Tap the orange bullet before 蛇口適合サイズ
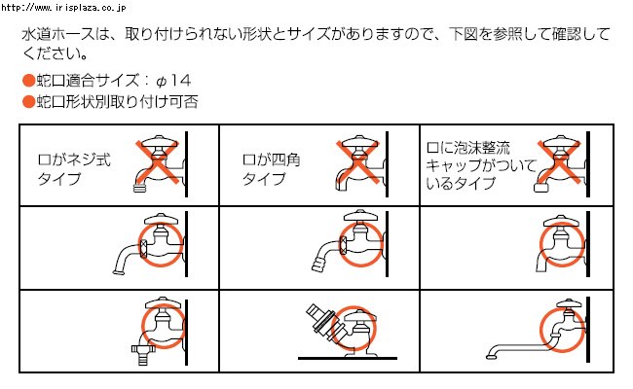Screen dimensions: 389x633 pyautogui.click(x=27, y=80)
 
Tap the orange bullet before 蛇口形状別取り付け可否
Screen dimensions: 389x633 pyautogui.click(x=27, y=100)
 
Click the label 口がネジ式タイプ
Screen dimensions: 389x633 pyautogui.click(x=72, y=168)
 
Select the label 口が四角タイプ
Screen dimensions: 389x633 pyautogui.click(x=272, y=168)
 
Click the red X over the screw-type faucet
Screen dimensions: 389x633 pyautogui.click(x=160, y=161)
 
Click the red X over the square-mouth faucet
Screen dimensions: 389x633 pyautogui.click(x=360, y=161)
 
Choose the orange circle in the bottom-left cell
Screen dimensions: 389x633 pyautogui.click(x=163, y=326)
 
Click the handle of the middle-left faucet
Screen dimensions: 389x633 pyautogui.click(x=157, y=218)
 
